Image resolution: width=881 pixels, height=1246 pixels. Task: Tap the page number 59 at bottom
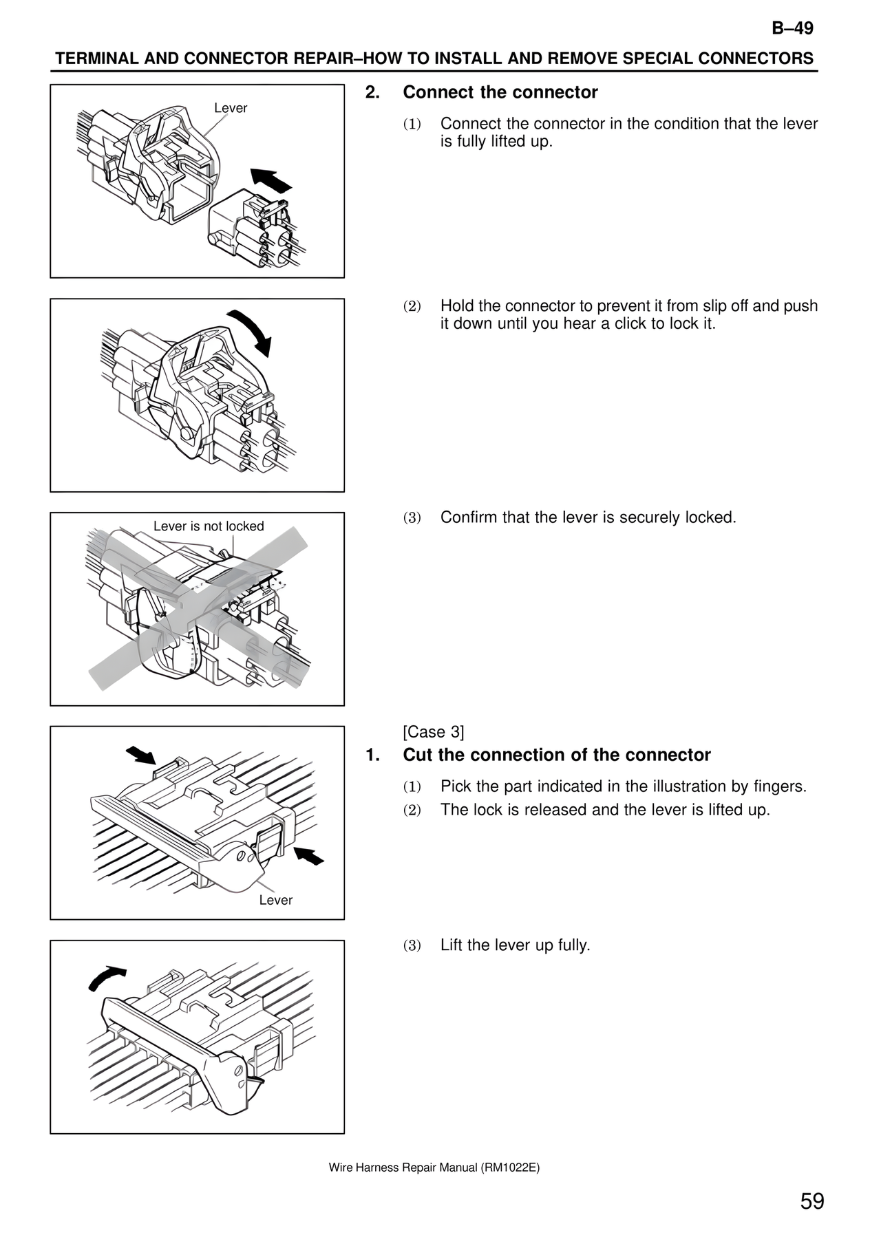[x=811, y=1201]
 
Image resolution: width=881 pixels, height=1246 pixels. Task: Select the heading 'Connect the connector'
[x=500, y=92]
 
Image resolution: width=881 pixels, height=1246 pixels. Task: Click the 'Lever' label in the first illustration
[x=231, y=108]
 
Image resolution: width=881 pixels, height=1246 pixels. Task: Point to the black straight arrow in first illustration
[x=271, y=180]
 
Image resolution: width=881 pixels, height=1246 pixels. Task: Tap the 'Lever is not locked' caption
[x=209, y=526]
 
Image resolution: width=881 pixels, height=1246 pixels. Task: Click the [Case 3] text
[x=433, y=731]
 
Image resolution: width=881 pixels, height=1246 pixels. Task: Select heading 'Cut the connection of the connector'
[x=556, y=755]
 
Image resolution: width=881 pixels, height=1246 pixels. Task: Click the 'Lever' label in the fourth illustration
[x=275, y=900]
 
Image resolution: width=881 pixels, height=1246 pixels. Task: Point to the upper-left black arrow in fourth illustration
[x=141, y=755]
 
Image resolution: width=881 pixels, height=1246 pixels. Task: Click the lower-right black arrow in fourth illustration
[x=309, y=856]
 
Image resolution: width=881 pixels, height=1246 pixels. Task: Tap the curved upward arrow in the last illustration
[x=107, y=977]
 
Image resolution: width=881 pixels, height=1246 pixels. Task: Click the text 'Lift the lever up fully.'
[x=515, y=945]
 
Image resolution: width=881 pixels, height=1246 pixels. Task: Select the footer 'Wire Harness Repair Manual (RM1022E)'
[x=434, y=1167]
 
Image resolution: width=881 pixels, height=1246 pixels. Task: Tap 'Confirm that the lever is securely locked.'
[x=588, y=517]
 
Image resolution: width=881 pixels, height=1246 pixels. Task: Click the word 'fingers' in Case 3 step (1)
[x=779, y=786]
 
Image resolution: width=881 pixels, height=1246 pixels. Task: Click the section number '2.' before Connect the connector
[x=372, y=92]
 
